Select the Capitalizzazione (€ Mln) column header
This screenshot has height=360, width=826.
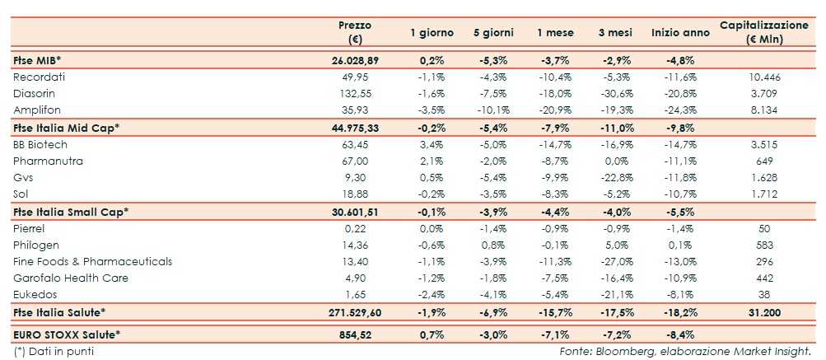click(x=763, y=32)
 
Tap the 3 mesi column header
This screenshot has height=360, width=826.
click(x=614, y=33)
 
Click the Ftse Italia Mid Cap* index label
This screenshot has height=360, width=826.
click(x=67, y=127)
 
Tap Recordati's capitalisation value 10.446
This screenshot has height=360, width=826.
click(x=763, y=77)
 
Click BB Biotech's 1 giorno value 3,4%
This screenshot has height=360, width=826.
click(x=419, y=144)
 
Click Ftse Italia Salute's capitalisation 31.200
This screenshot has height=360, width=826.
click(x=763, y=311)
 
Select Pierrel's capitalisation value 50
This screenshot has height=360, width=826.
click(x=763, y=228)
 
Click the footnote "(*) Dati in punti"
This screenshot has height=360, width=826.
click(x=54, y=352)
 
